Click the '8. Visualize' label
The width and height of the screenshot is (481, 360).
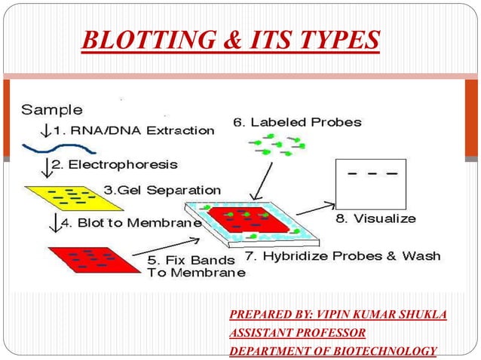click(375, 218)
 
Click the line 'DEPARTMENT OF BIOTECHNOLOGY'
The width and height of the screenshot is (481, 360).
click(332, 350)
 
